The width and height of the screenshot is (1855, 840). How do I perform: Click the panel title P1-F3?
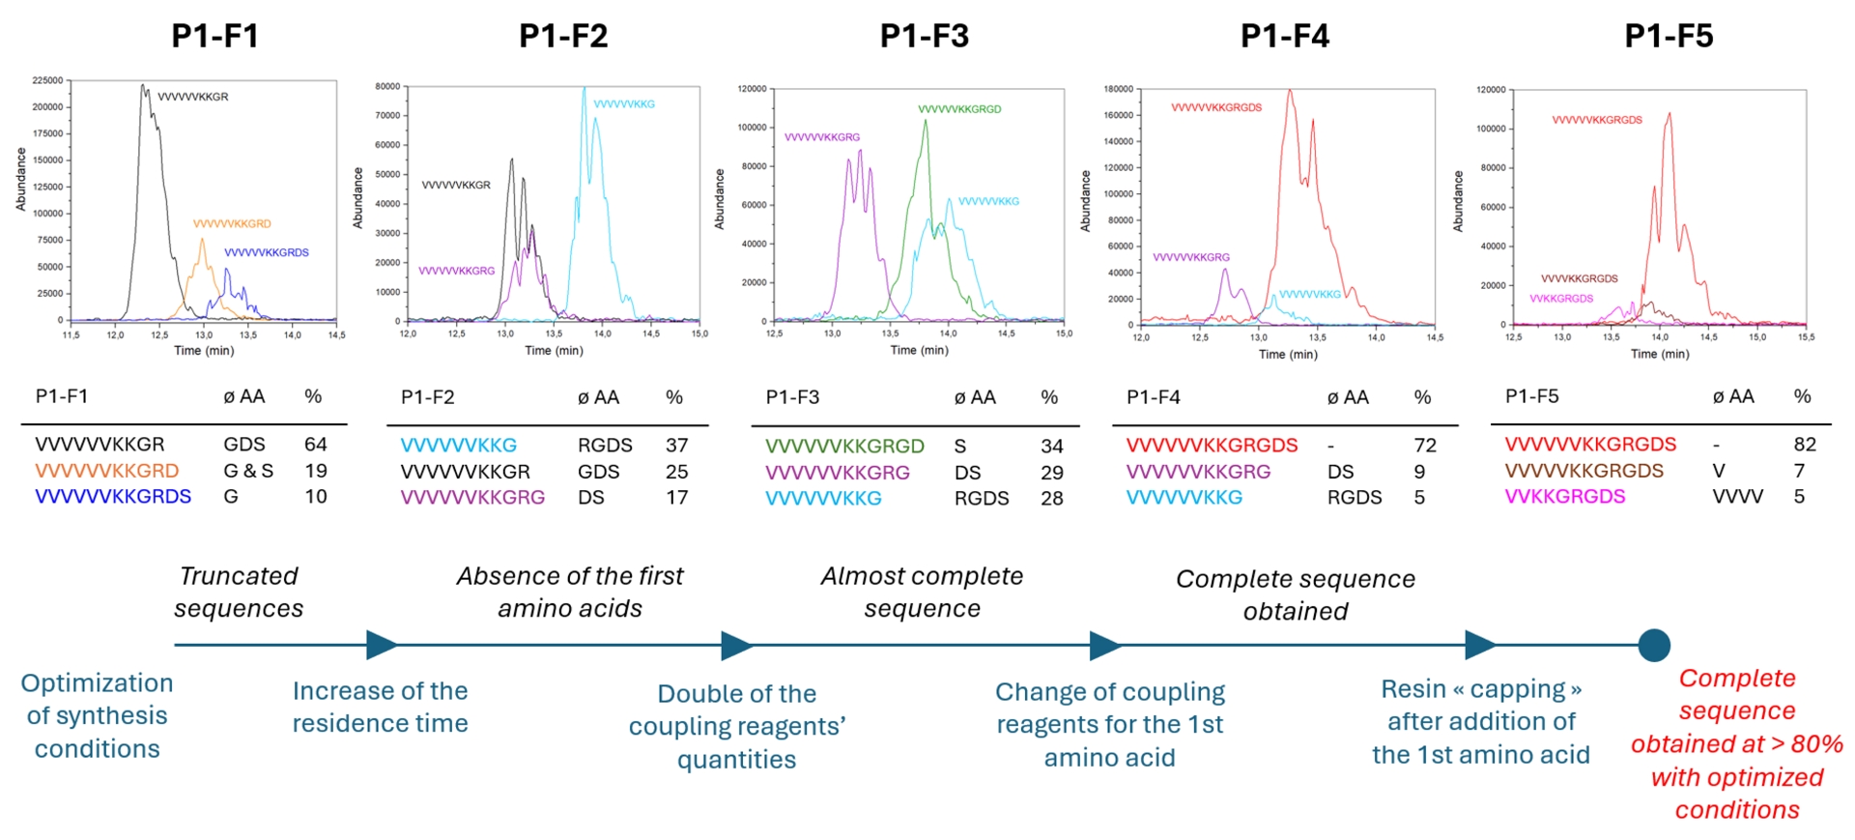click(x=924, y=36)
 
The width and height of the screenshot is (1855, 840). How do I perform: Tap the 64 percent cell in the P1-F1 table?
click(x=316, y=445)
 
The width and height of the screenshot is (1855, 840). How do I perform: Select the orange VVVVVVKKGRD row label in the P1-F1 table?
click(x=107, y=471)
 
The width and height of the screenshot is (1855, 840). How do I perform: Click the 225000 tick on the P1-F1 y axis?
click(x=47, y=80)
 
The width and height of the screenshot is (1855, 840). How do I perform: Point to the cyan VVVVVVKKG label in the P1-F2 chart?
click(x=624, y=104)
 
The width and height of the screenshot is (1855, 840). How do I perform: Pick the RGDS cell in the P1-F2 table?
click(x=605, y=446)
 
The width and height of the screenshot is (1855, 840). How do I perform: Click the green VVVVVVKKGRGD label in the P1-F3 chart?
click(x=959, y=109)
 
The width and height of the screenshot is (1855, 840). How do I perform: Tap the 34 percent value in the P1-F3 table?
click(x=1052, y=447)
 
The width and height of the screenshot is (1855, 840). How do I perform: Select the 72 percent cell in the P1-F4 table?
click(x=1425, y=446)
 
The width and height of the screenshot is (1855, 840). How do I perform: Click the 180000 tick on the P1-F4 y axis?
click(x=1118, y=89)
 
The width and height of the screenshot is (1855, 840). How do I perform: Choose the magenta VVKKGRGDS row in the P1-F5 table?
click(x=1565, y=497)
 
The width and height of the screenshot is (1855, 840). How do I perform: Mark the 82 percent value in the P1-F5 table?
click(x=1805, y=445)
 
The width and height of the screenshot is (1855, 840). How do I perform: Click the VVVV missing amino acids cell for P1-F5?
click(x=1737, y=497)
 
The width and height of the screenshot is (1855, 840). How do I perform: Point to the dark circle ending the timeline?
click(x=1654, y=645)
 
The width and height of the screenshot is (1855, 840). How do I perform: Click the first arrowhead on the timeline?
click(x=382, y=645)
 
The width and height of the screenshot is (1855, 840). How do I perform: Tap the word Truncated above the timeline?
click(x=239, y=576)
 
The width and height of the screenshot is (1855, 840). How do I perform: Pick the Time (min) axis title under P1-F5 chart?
click(x=1660, y=354)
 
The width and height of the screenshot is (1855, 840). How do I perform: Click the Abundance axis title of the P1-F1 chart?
click(x=21, y=179)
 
